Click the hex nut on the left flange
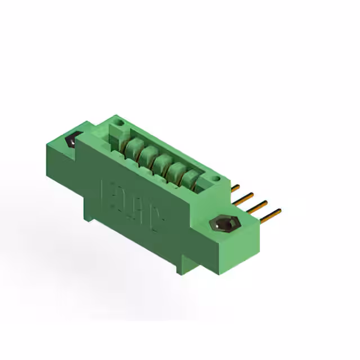coord(71,140)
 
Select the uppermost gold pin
coord(236,187)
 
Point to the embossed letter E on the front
coord(108,193)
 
